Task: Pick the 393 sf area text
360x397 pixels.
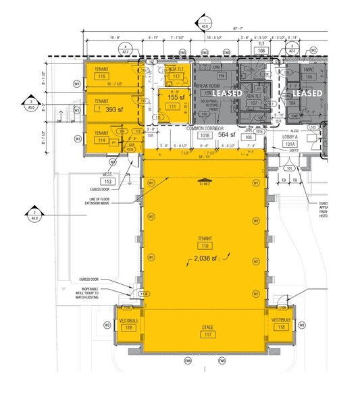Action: [x=112, y=109]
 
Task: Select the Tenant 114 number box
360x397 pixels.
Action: [x=102, y=140]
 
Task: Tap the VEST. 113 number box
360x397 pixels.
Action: [x=107, y=182]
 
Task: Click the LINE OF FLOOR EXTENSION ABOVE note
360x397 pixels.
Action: [x=120, y=198]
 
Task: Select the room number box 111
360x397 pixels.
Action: [x=171, y=107]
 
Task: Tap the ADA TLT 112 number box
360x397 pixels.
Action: [x=174, y=77]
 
